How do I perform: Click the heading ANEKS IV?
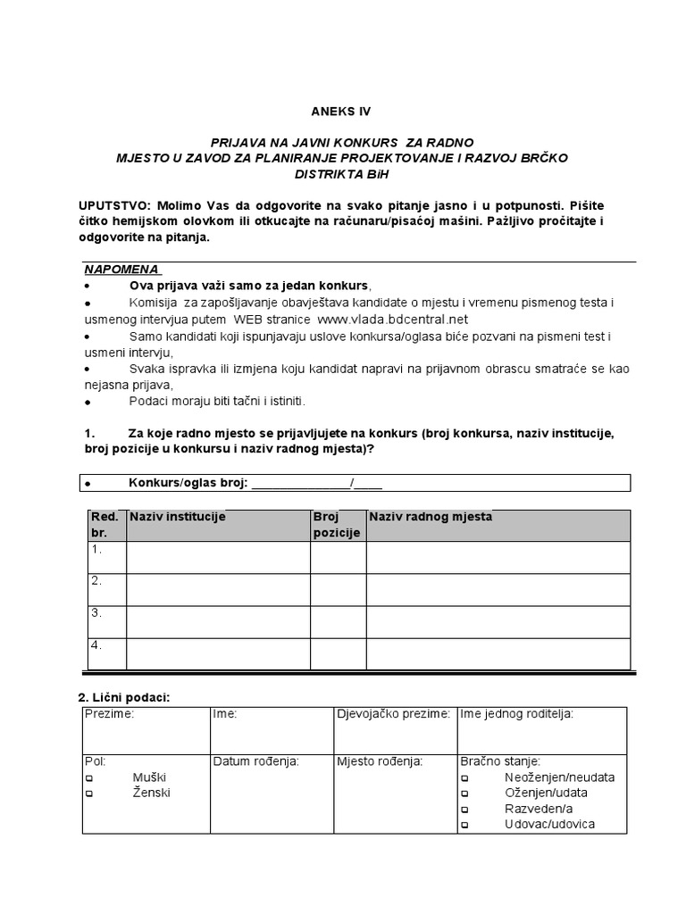(x=339, y=112)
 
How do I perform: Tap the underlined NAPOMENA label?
(x=121, y=270)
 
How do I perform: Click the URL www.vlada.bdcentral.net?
(x=392, y=319)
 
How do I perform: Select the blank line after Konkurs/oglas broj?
(x=302, y=483)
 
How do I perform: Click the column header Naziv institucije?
(x=178, y=517)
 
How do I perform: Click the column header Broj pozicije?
(x=337, y=525)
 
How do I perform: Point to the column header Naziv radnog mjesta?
(x=430, y=517)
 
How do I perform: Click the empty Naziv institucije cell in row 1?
(x=218, y=557)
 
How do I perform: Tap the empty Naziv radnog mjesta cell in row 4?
(x=498, y=653)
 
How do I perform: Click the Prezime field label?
(x=109, y=714)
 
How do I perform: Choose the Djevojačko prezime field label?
(x=393, y=714)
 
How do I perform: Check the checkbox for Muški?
(x=89, y=778)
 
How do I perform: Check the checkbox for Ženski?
(x=89, y=794)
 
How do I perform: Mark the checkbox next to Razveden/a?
(x=464, y=810)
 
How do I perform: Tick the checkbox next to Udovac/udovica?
(x=464, y=826)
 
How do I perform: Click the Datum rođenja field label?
(x=255, y=762)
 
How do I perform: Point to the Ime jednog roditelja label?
(x=517, y=714)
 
